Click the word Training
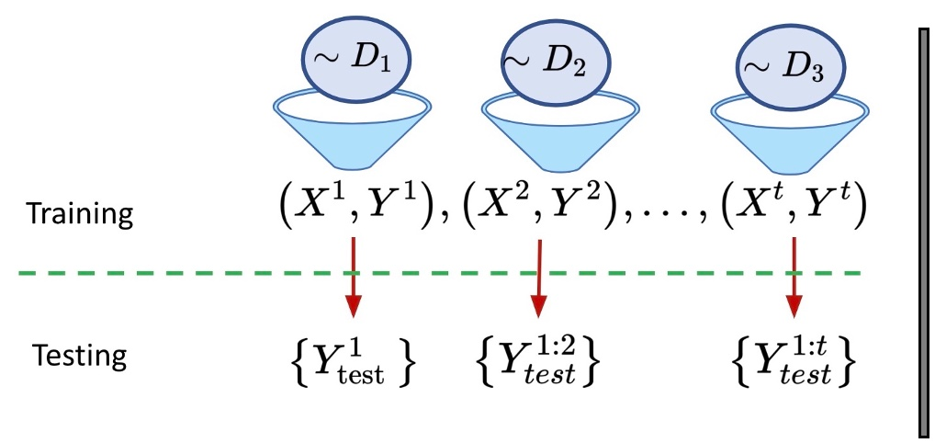[x=80, y=214]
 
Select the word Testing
[x=79, y=355]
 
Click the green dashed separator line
[x=184, y=273]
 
